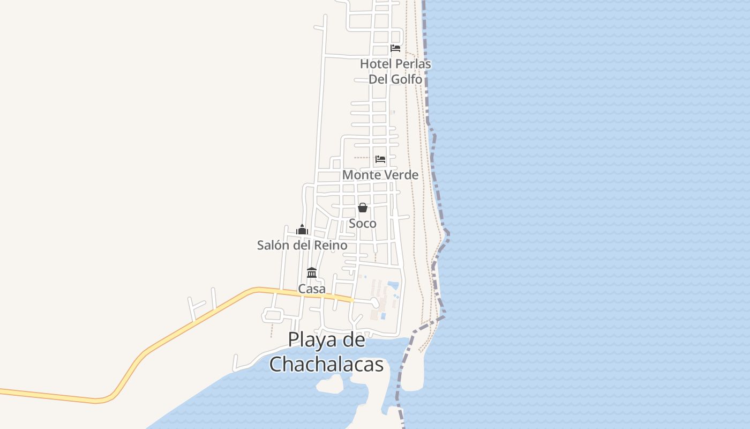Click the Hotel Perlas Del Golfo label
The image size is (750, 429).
(x=395, y=71)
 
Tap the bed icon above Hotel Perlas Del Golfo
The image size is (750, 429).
(x=395, y=48)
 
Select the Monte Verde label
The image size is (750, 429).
(x=380, y=175)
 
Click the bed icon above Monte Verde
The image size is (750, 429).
(x=380, y=159)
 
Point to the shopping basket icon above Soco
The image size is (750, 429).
(x=363, y=208)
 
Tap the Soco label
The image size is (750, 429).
(x=363, y=223)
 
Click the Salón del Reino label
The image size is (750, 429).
(x=302, y=245)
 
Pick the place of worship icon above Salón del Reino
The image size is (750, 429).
(x=302, y=230)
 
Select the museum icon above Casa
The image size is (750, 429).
(x=312, y=272)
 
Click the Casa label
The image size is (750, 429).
(x=312, y=289)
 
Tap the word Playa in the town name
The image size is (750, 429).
(x=311, y=341)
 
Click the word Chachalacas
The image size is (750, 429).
(x=326, y=364)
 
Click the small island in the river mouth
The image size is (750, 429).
(x=330, y=384)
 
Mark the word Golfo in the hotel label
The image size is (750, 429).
(x=406, y=79)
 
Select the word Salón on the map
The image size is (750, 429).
(x=273, y=245)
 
